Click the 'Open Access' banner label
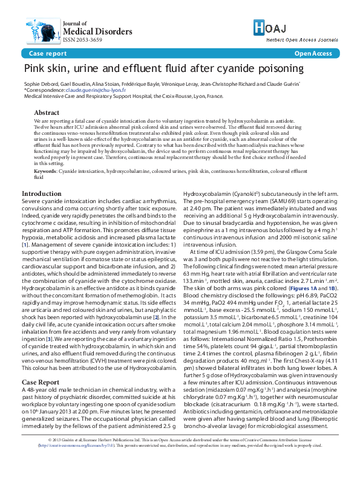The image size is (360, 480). [313, 54]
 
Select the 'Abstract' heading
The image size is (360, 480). [47, 113]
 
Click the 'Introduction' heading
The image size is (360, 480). [41, 194]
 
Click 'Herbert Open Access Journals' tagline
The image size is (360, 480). [306, 39]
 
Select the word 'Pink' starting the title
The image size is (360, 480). [34, 70]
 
